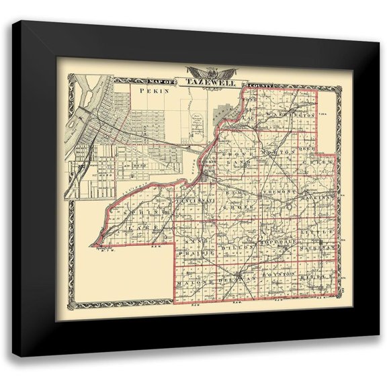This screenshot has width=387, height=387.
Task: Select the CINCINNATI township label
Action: click(195, 200)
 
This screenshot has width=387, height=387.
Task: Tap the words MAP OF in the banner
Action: click(166, 82)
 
